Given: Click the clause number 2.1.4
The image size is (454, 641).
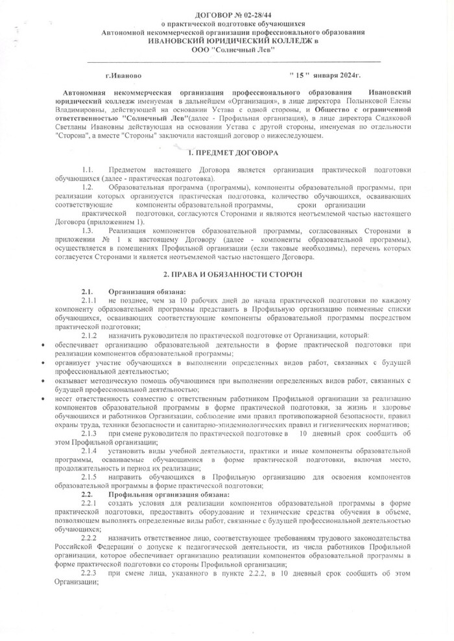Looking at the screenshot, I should (90, 450).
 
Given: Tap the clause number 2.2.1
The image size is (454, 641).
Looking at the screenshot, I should (90, 504).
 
